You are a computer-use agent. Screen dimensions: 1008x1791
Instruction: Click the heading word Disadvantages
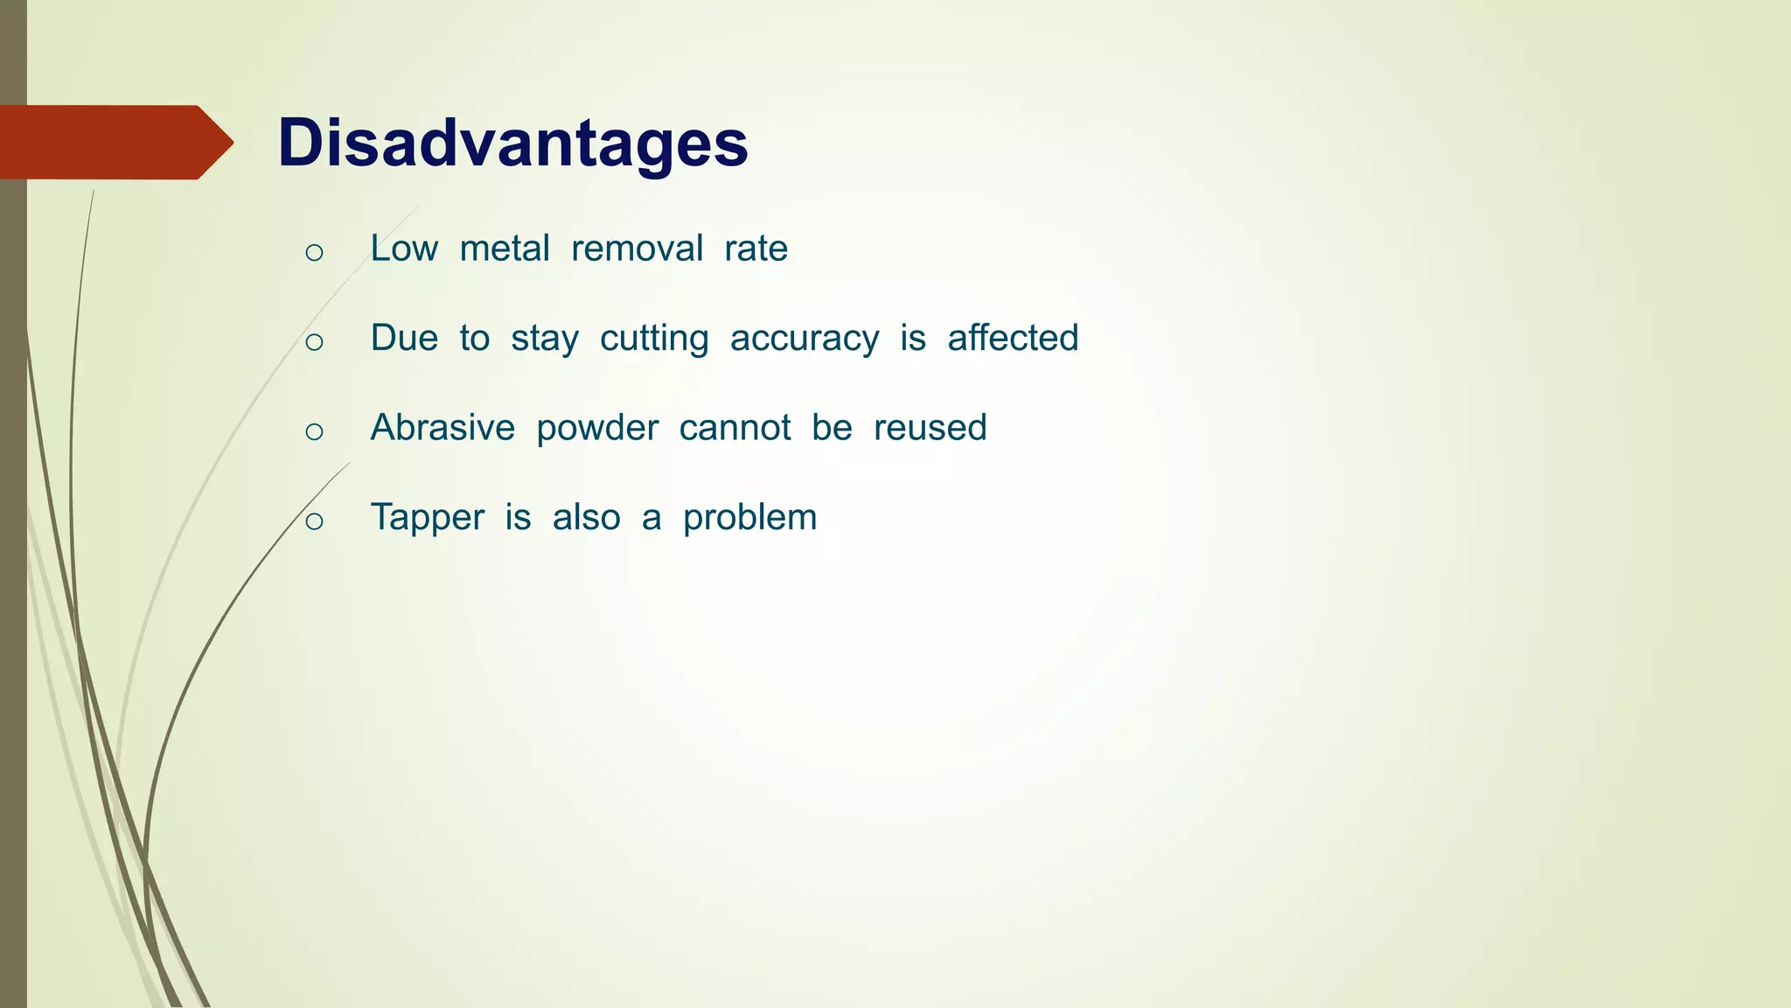512,143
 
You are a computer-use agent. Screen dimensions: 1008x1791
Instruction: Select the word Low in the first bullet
403,248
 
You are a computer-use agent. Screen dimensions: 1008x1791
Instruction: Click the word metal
505,248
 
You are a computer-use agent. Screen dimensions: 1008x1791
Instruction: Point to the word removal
637,248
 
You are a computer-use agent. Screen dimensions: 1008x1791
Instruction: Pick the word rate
756,248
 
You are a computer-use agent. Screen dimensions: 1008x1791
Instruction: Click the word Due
404,338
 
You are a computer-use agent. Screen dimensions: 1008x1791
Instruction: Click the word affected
1013,338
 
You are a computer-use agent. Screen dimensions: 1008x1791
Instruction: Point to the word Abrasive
443,428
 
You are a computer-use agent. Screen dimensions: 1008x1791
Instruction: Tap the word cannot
735,428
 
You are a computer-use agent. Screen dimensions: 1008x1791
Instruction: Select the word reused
930,428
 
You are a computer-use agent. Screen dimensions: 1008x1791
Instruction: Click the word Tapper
427,518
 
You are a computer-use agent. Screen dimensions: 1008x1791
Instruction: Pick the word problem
749,518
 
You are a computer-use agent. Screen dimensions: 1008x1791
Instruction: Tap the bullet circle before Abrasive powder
315,432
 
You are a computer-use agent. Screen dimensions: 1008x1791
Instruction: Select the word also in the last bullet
586,517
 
